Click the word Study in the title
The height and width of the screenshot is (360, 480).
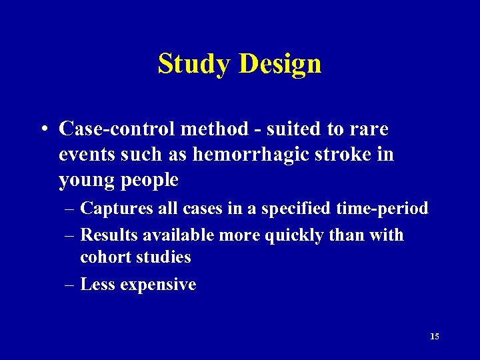195,64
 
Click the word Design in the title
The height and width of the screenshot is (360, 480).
280,64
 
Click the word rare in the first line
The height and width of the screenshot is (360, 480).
371,128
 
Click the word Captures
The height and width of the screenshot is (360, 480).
111,209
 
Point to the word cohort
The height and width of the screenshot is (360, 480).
103,257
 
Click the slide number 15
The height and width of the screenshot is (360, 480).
435,337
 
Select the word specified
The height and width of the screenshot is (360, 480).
296,209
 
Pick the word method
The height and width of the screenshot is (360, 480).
210,128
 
